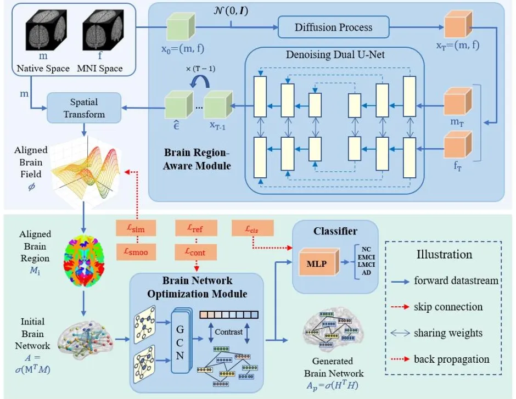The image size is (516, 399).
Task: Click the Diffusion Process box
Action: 333,27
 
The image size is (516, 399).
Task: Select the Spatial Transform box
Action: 84,108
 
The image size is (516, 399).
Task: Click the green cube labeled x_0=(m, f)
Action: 182,26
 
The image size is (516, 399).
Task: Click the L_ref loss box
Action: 196,227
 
